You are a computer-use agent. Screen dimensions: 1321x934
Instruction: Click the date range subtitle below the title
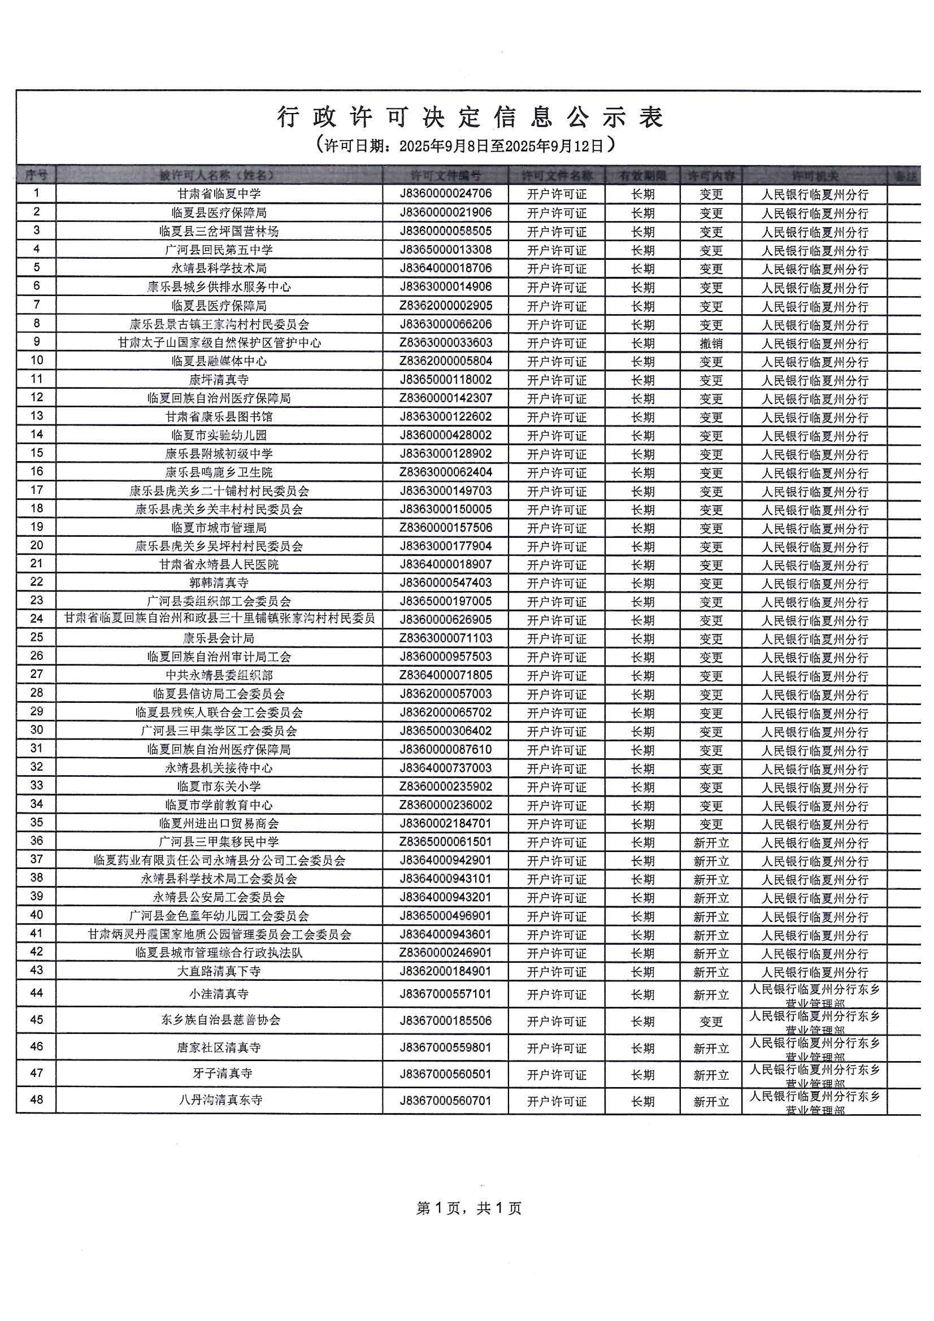466,145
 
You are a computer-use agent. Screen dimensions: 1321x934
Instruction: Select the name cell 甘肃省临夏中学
219,194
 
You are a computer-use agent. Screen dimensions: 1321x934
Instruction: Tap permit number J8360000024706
445,193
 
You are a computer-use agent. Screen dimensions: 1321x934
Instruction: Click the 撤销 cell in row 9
711,344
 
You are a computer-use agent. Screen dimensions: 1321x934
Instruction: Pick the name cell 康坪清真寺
219,380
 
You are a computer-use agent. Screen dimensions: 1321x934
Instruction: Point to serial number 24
36,619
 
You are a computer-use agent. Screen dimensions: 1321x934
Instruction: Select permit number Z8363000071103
445,638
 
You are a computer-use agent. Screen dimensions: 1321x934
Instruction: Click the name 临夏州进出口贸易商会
219,823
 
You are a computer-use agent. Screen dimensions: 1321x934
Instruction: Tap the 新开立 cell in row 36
711,843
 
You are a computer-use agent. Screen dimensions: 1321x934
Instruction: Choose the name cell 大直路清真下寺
219,971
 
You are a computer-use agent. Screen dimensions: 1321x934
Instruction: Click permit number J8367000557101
445,994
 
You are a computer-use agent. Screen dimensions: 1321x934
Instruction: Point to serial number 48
36,1100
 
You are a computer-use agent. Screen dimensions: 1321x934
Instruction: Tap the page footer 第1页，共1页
468,1208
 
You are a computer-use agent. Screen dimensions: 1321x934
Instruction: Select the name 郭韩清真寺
219,583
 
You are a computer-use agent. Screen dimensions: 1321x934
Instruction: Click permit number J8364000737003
445,768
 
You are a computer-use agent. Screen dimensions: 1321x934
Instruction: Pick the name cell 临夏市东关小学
219,786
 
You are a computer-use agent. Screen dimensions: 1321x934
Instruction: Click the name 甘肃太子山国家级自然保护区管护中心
219,343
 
